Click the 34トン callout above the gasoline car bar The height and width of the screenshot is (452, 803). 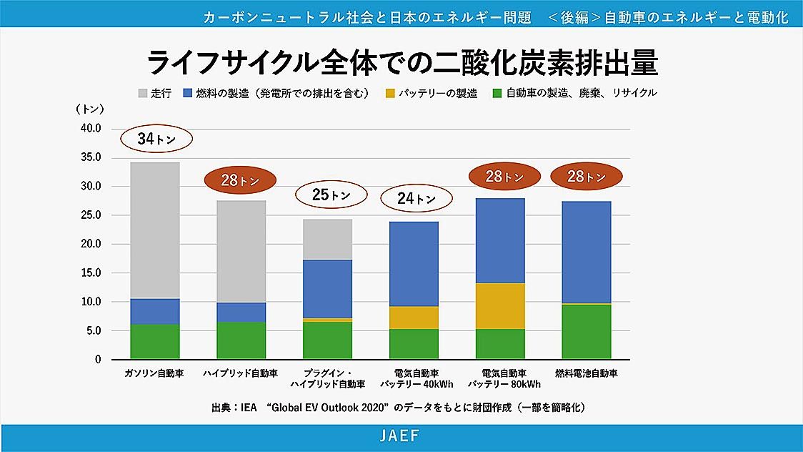pyautogui.click(x=156, y=139)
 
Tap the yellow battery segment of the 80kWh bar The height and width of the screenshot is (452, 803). pyautogui.click(x=500, y=306)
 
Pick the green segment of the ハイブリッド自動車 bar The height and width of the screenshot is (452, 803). pyautogui.click(x=241, y=340)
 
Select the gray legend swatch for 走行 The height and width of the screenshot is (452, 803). pyautogui.click(x=142, y=93)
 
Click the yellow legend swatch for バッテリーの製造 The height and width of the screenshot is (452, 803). pyautogui.click(x=389, y=93)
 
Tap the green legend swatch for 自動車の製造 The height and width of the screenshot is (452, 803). pyautogui.click(x=497, y=93)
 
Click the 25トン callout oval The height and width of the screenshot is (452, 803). pyautogui.click(x=331, y=194)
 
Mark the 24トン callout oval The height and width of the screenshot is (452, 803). pyautogui.click(x=417, y=199)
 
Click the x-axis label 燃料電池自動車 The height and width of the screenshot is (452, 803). pyautogui.click(x=587, y=373)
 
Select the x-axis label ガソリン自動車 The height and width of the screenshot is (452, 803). pyautogui.click(x=155, y=373)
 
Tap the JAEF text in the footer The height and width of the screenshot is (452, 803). pyautogui.click(x=400, y=435)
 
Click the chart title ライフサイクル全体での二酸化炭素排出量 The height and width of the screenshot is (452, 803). pyautogui.click(x=401, y=63)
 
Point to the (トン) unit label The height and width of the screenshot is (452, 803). pyautogui.click(x=90, y=109)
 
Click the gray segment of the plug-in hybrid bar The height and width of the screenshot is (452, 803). pyautogui.click(x=327, y=239)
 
